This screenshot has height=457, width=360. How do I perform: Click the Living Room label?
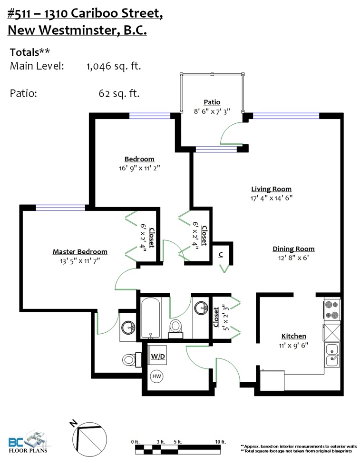[x=271, y=189]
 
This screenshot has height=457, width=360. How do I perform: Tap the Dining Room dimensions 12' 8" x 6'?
[x=293, y=258]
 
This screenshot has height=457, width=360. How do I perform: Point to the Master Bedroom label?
[x=80, y=251]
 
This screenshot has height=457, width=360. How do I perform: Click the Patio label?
[x=212, y=102]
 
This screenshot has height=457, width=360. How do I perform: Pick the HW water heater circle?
[x=156, y=376]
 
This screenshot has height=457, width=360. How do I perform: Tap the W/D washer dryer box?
[x=157, y=356]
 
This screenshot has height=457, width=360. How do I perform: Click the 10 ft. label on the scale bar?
[x=220, y=442]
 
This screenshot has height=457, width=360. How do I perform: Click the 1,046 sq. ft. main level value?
[x=114, y=66]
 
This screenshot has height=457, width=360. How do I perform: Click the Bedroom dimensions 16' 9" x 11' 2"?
[x=139, y=168]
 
